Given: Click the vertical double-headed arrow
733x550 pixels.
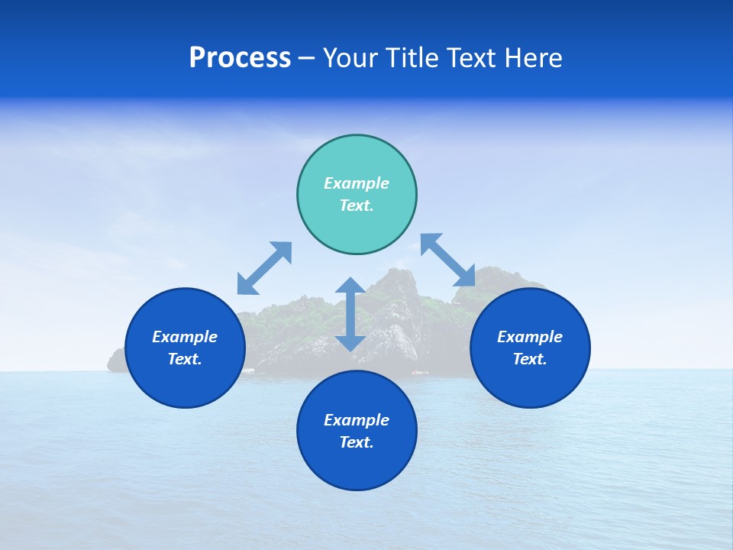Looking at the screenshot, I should coord(350,315).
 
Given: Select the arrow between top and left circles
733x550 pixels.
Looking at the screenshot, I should coord(264,267).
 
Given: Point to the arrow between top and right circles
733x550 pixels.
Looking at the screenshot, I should coord(447,260).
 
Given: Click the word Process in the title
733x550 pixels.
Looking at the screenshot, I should coord(240,58).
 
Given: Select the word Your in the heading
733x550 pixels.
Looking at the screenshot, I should coord(352,58).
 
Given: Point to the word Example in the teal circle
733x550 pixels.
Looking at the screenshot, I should coord(357,183).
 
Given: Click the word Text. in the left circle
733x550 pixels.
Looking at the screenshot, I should coord(185,359).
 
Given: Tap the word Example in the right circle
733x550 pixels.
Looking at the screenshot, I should coord(530,337).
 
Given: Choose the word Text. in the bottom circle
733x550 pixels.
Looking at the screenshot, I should coord(357,442).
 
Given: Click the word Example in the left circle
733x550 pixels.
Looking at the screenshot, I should coord(185,337).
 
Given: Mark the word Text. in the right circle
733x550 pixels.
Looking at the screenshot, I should coord(530,359).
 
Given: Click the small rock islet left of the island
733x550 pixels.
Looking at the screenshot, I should coord(116,361).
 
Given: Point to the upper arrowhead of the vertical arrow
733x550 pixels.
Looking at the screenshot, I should coord(350,286).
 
